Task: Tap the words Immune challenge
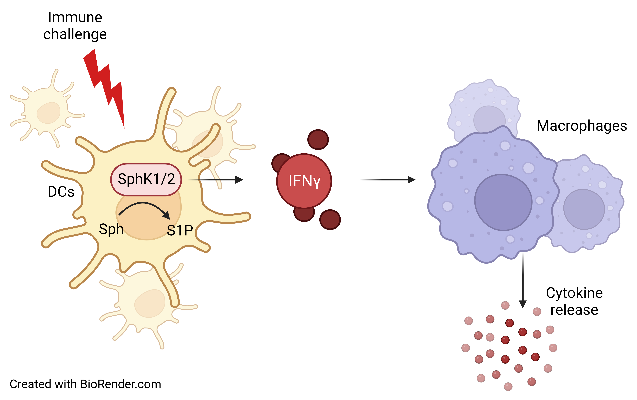coord(75,26)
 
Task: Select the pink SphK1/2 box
coord(146,179)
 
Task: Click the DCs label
coord(61,192)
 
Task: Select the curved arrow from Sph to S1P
coord(144,208)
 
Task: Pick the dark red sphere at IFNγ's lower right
coord(330,220)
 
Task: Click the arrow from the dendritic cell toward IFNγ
coord(217,180)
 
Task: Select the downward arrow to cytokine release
coord(523,280)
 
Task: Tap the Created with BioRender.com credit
coord(85,384)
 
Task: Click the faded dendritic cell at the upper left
coord(48,111)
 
